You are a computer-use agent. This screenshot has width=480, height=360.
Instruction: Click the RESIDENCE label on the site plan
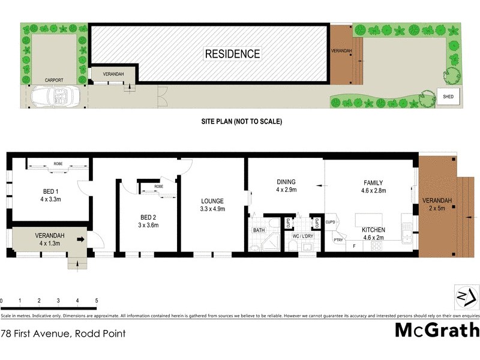pos(233,53)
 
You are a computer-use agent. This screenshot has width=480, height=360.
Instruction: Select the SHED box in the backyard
pos(448,96)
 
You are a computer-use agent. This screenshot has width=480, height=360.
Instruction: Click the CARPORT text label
pos(55,79)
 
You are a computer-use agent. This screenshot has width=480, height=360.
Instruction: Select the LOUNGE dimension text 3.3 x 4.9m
pos(212,209)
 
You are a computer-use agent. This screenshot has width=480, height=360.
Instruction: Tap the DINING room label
pos(287,182)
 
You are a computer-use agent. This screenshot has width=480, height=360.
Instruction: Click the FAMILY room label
pos(373,182)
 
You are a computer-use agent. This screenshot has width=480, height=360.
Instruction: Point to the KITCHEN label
pos(373,230)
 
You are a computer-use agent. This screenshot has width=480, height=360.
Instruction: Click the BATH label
pos(259,230)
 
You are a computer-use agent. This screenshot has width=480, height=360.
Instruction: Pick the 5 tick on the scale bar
pos(96,300)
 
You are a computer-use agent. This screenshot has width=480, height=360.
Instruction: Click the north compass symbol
pos(462,296)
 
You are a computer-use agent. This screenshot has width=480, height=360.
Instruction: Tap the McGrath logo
pos(437,330)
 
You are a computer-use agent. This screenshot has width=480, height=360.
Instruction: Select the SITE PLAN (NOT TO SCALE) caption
pos(241,121)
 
